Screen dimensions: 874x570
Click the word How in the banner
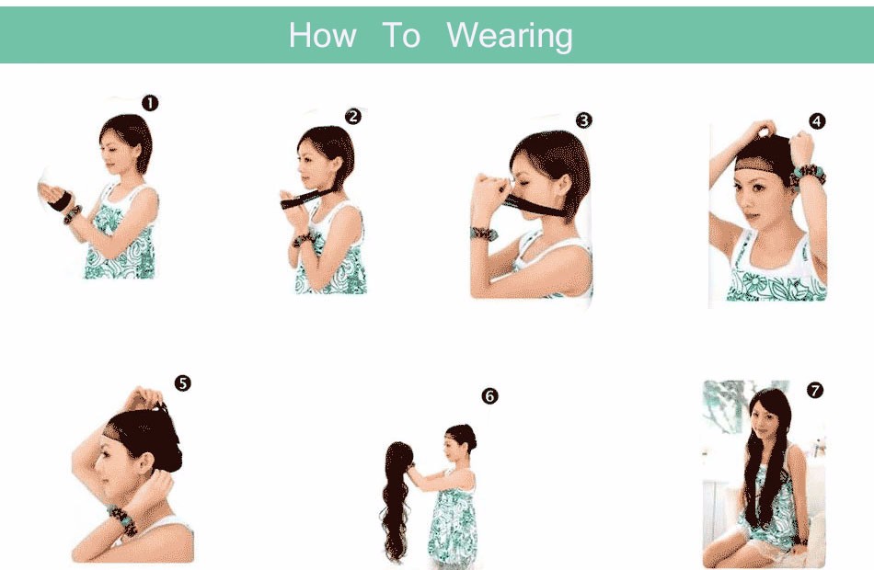[323, 35]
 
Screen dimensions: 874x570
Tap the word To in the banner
[401, 35]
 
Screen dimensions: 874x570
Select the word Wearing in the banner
[510, 37]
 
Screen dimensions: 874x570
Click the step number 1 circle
[150, 103]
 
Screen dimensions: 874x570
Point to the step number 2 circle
[353, 117]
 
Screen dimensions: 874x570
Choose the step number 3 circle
[583, 120]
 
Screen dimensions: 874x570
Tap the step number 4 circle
[817, 121]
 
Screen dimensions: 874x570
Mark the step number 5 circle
[183, 383]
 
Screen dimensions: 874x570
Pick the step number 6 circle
[490, 396]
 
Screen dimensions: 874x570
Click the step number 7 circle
[815, 391]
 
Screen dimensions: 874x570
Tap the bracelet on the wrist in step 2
[304, 239]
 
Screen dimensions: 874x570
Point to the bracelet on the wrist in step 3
[483, 234]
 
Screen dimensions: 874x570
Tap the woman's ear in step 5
[146, 462]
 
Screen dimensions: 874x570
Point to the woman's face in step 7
[762, 425]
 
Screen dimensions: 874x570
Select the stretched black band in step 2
[307, 198]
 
